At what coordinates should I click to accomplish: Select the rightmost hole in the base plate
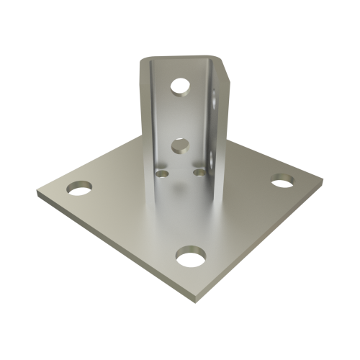click(281, 179)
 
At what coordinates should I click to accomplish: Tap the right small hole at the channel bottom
click(198, 171)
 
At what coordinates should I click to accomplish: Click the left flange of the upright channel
click(146, 115)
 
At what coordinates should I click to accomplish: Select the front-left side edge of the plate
click(115, 248)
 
